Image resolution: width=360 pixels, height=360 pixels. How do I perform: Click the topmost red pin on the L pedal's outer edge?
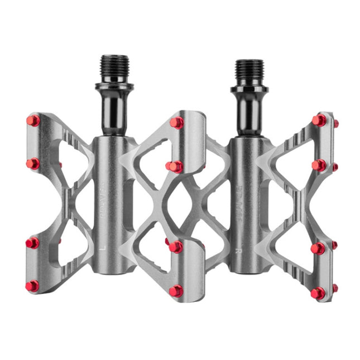(x=33, y=121)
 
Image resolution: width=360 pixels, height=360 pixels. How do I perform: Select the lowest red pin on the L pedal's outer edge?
(x=32, y=286)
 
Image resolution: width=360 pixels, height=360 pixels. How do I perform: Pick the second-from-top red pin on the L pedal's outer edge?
(x=33, y=164)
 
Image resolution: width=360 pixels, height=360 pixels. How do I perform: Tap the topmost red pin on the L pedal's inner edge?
(x=176, y=123)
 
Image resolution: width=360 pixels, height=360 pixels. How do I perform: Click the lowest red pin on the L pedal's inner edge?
(x=176, y=291)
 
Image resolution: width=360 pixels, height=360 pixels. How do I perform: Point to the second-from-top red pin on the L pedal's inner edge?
(x=174, y=166)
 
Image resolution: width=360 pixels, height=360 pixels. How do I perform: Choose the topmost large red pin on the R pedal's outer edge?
(x=319, y=120)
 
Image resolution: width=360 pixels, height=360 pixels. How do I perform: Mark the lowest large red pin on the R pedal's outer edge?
(x=318, y=292)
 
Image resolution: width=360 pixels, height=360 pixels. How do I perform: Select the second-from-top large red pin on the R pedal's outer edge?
(x=319, y=165)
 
